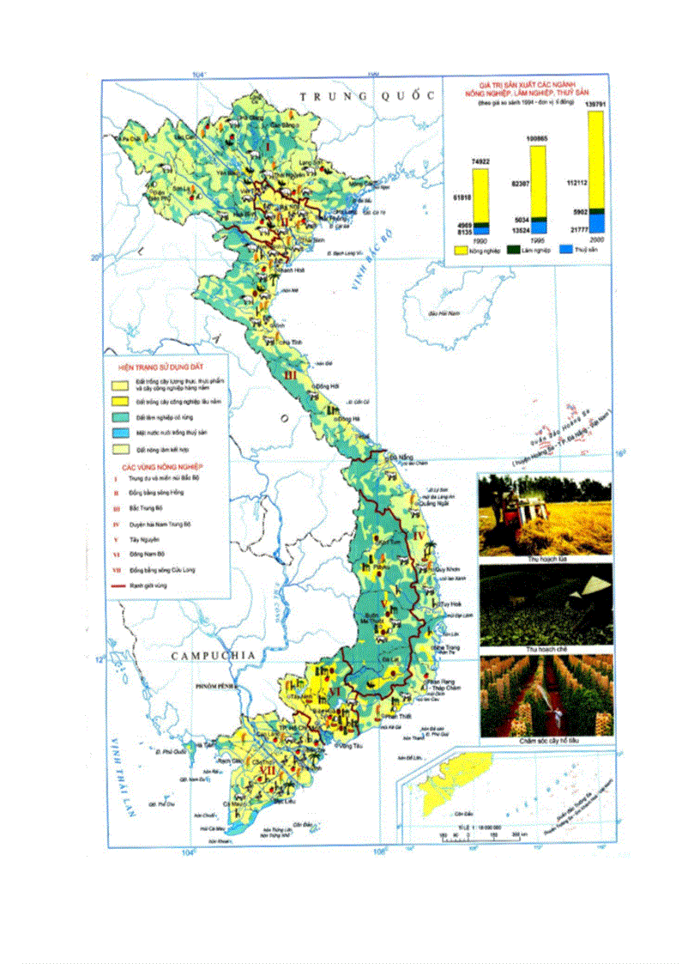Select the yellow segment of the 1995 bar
538,180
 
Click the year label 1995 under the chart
537,241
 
